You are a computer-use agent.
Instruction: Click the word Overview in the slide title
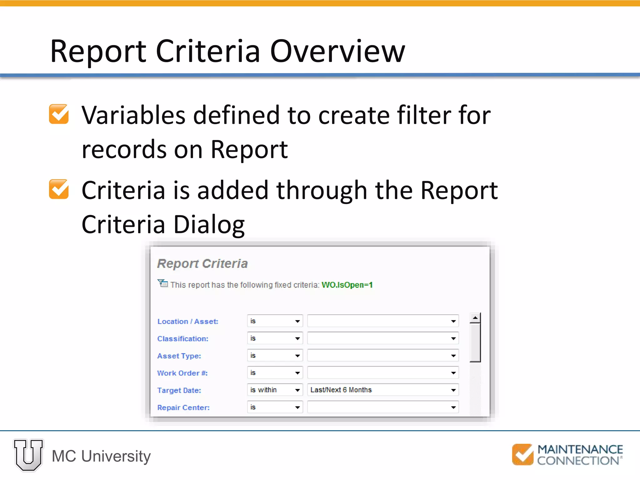coord(337,52)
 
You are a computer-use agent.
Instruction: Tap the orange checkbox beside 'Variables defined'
coord(59,114)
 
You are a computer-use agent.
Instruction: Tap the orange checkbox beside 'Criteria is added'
coord(59,189)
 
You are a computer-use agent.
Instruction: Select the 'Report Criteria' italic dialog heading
coord(202,263)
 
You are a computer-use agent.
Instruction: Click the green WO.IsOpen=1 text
coord(347,285)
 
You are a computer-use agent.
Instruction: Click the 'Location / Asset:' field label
coord(187,322)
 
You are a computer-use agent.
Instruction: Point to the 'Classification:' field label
coord(182,339)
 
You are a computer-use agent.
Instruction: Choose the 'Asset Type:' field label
coord(179,356)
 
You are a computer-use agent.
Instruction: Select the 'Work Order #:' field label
coord(182,373)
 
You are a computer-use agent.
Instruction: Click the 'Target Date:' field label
coord(179,390)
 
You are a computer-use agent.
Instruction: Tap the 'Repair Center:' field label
coord(183,407)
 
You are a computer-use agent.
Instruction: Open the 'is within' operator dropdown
coord(275,390)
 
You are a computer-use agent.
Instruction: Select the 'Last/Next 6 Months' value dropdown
coord(383,390)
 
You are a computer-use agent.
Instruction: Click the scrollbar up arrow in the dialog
coord(475,318)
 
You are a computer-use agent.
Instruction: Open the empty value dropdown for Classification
coord(383,338)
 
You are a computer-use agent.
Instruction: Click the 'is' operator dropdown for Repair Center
coord(275,407)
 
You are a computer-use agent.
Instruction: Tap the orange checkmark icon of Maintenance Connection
coord(522,454)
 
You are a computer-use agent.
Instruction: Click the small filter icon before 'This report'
coord(162,283)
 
